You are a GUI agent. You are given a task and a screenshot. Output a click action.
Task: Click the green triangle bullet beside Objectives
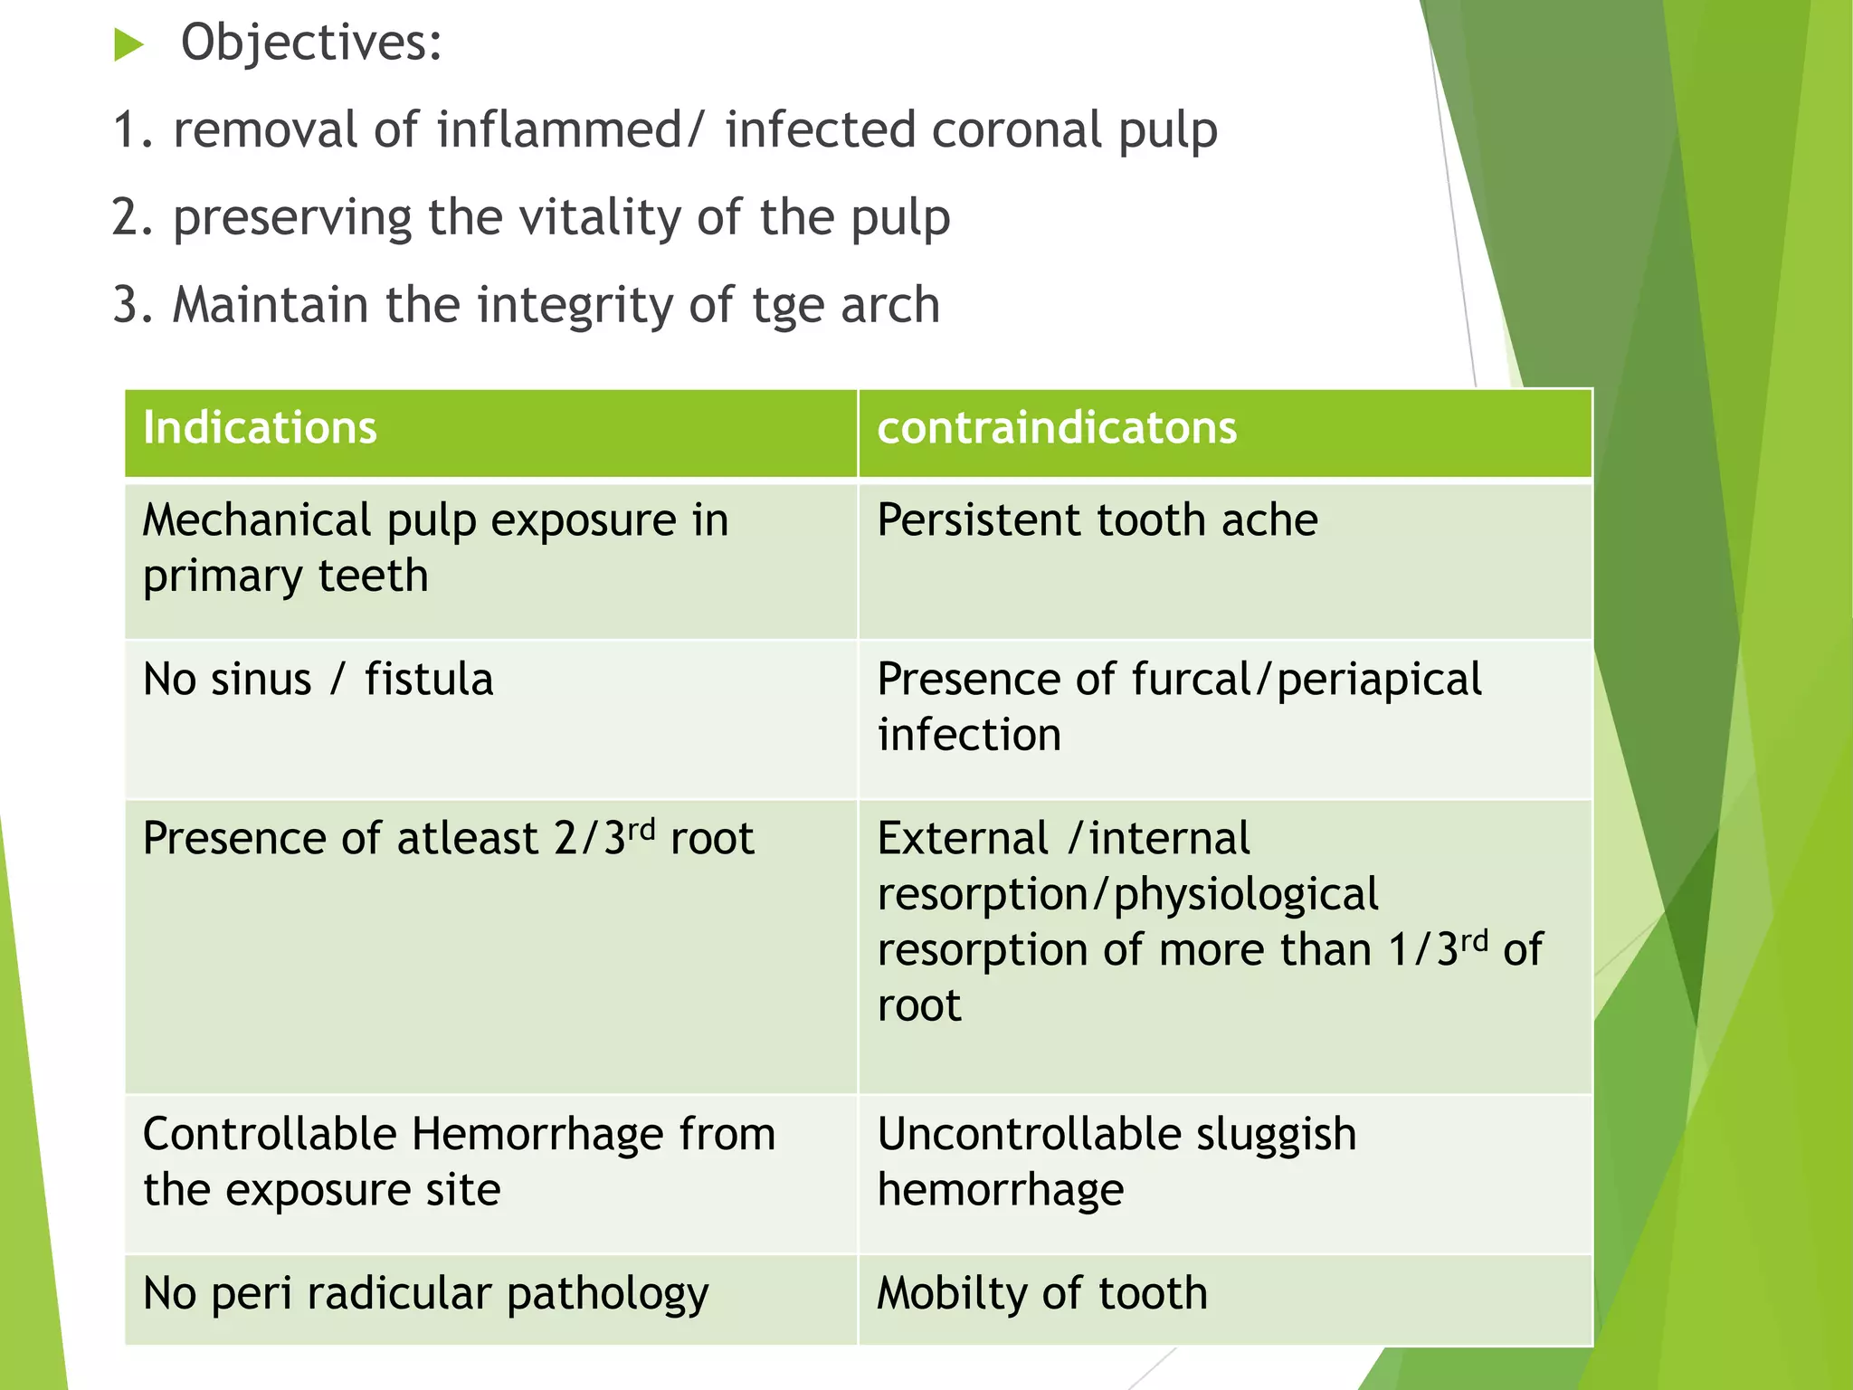coord(129,44)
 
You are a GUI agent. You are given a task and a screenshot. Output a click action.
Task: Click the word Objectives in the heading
coord(311,43)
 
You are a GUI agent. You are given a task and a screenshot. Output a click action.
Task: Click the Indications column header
coord(260,427)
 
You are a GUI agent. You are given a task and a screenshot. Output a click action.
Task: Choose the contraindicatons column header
coord(1057,427)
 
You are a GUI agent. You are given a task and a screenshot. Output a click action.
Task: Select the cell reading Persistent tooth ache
coord(1098,520)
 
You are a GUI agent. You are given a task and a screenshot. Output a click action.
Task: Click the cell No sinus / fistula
coord(318,679)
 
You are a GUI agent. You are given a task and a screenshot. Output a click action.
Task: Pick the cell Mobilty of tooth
coord(1042,1293)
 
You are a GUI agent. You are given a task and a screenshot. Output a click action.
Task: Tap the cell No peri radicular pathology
coord(425,1293)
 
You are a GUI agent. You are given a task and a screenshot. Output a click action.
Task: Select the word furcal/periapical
coord(1307,680)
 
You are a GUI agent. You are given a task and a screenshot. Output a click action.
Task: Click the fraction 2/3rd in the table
coord(603,837)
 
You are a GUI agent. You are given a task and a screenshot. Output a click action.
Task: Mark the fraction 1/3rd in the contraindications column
coord(1439,948)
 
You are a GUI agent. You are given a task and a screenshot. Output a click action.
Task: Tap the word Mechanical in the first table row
coord(257,520)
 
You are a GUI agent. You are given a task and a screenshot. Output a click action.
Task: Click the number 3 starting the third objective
coord(125,305)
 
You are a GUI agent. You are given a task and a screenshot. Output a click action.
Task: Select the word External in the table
coord(963,838)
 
